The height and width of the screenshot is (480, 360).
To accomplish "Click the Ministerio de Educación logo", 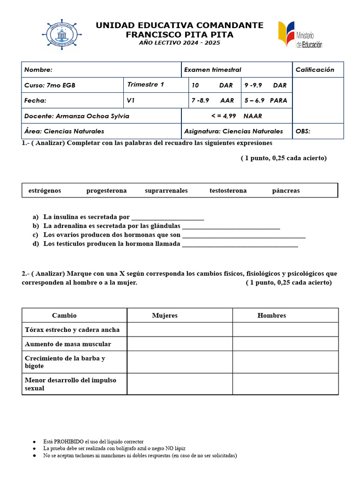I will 300,35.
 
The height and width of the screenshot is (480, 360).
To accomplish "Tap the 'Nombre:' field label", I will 38,70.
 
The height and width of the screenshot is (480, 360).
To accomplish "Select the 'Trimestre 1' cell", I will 145,85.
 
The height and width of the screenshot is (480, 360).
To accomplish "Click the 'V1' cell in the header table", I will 131,100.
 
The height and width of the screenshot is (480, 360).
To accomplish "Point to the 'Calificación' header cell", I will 315,70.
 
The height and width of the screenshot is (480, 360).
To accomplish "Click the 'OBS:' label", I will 303,131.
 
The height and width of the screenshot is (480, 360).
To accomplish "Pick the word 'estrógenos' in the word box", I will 45,191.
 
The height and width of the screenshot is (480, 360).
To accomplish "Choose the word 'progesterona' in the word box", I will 106,191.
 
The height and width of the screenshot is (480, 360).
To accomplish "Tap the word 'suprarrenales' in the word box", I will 166,191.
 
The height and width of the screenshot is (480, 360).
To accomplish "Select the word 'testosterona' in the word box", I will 228,191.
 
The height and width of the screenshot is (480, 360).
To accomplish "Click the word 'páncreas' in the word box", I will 285,191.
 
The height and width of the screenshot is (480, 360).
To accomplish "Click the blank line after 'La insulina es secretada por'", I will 168,217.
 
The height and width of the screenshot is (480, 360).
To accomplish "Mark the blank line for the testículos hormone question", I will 240,244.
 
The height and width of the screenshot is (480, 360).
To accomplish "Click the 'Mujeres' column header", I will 165,315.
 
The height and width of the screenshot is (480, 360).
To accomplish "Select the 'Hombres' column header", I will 271,315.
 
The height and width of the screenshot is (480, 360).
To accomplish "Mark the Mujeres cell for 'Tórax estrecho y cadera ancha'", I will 180,330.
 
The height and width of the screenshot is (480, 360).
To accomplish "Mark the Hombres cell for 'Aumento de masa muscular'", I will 285,344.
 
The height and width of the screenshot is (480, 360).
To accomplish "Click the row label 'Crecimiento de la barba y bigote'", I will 65,362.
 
